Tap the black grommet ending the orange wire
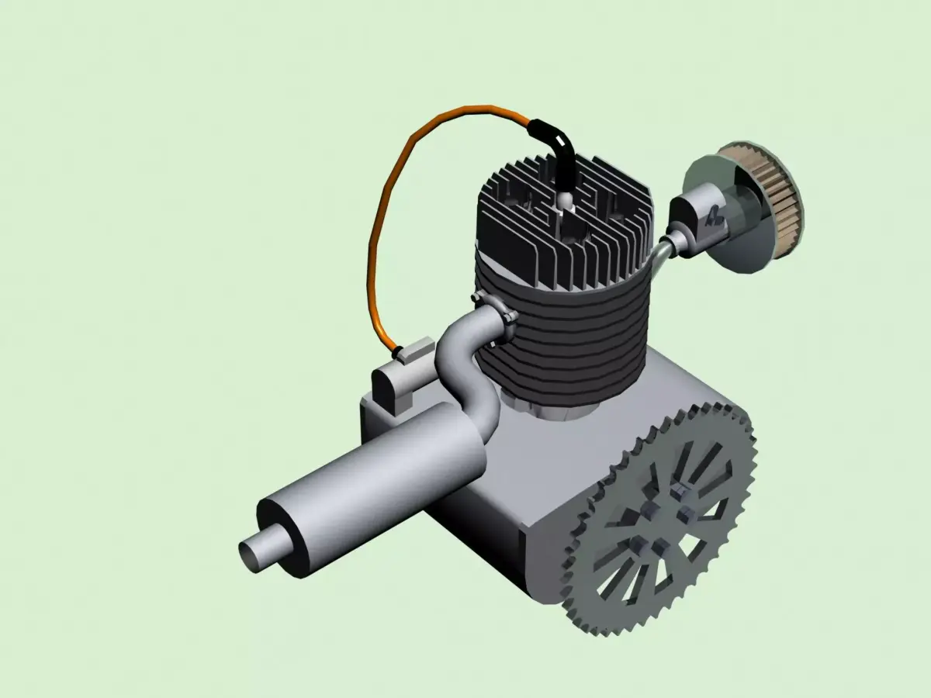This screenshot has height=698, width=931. [398, 353]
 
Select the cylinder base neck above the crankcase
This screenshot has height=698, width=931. [543, 407]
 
